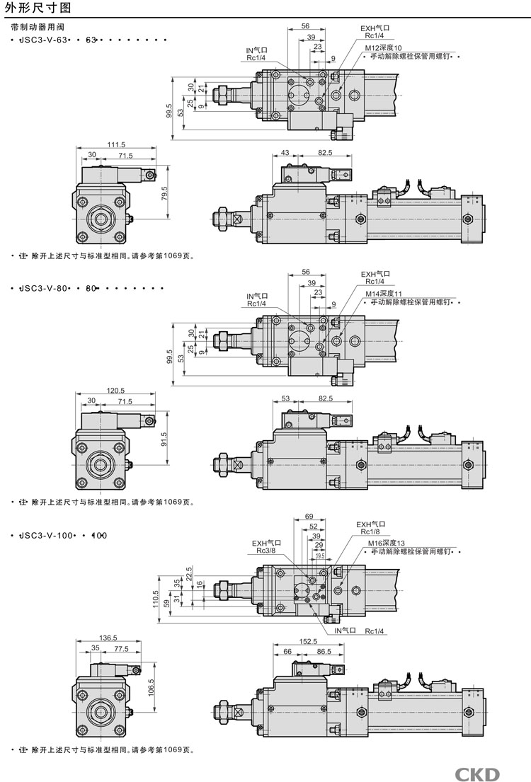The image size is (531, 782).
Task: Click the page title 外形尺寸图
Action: (x=28, y=8)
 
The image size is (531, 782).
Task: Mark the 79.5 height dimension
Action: (x=164, y=194)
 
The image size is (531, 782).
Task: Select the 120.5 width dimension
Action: (x=115, y=390)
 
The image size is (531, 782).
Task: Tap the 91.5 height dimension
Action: (x=164, y=439)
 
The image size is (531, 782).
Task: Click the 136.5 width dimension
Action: (x=108, y=638)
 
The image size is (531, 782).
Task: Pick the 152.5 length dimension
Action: (x=308, y=641)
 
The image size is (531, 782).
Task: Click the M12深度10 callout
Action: (x=383, y=47)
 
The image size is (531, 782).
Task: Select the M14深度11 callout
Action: (x=383, y=294)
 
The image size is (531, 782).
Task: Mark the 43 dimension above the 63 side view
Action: (x=285, y=152)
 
